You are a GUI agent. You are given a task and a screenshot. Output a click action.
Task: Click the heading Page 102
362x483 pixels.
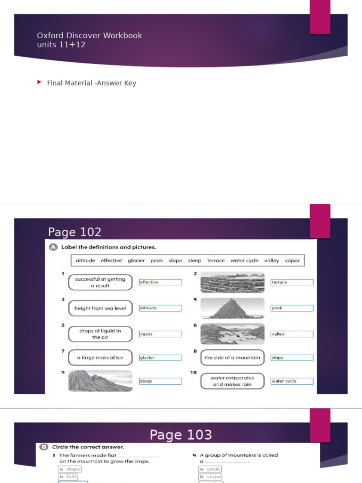tap(74, 232)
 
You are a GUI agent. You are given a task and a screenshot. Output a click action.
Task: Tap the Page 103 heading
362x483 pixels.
tap(181, 434)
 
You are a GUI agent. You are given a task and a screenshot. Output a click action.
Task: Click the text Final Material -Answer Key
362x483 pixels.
tap(91, 83)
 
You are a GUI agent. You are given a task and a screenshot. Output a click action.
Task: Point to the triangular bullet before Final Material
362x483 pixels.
tap(39, 83)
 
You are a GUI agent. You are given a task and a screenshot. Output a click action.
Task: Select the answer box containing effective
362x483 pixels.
tap(160, 282)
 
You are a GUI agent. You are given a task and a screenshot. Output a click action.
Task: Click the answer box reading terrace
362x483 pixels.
tap(292, 282)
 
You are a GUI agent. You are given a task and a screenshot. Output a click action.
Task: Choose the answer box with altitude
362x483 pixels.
tap(160, 308)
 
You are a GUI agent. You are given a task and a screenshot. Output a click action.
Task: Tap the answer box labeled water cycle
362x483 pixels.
tap(292, 381)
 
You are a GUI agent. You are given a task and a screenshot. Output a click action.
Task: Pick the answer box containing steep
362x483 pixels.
tap(160, 381)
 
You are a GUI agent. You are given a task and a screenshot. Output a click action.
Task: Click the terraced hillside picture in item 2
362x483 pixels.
tap(232, 282)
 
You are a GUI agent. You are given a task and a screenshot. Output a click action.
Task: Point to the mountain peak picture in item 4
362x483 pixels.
tap(232, 308)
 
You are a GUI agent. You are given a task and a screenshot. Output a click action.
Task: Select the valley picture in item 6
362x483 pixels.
tap(232, 334)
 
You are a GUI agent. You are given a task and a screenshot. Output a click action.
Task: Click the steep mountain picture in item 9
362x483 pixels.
tap(100, 381)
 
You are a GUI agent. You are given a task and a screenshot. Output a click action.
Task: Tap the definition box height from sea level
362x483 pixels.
tap(100, 308)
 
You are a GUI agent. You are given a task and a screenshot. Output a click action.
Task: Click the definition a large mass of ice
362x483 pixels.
tap(100, 358)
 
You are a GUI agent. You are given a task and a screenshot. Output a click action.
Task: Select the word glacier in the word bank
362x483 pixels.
tap(136, 260)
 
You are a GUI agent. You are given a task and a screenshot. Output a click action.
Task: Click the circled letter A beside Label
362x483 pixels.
tap(52, 247)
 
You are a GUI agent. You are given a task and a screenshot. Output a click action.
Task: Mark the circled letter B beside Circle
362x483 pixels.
tap(43, 447)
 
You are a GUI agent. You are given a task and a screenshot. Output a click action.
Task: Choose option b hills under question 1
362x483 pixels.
tap(69, 477)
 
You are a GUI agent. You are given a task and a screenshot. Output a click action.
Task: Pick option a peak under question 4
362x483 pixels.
tap(210, 469)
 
